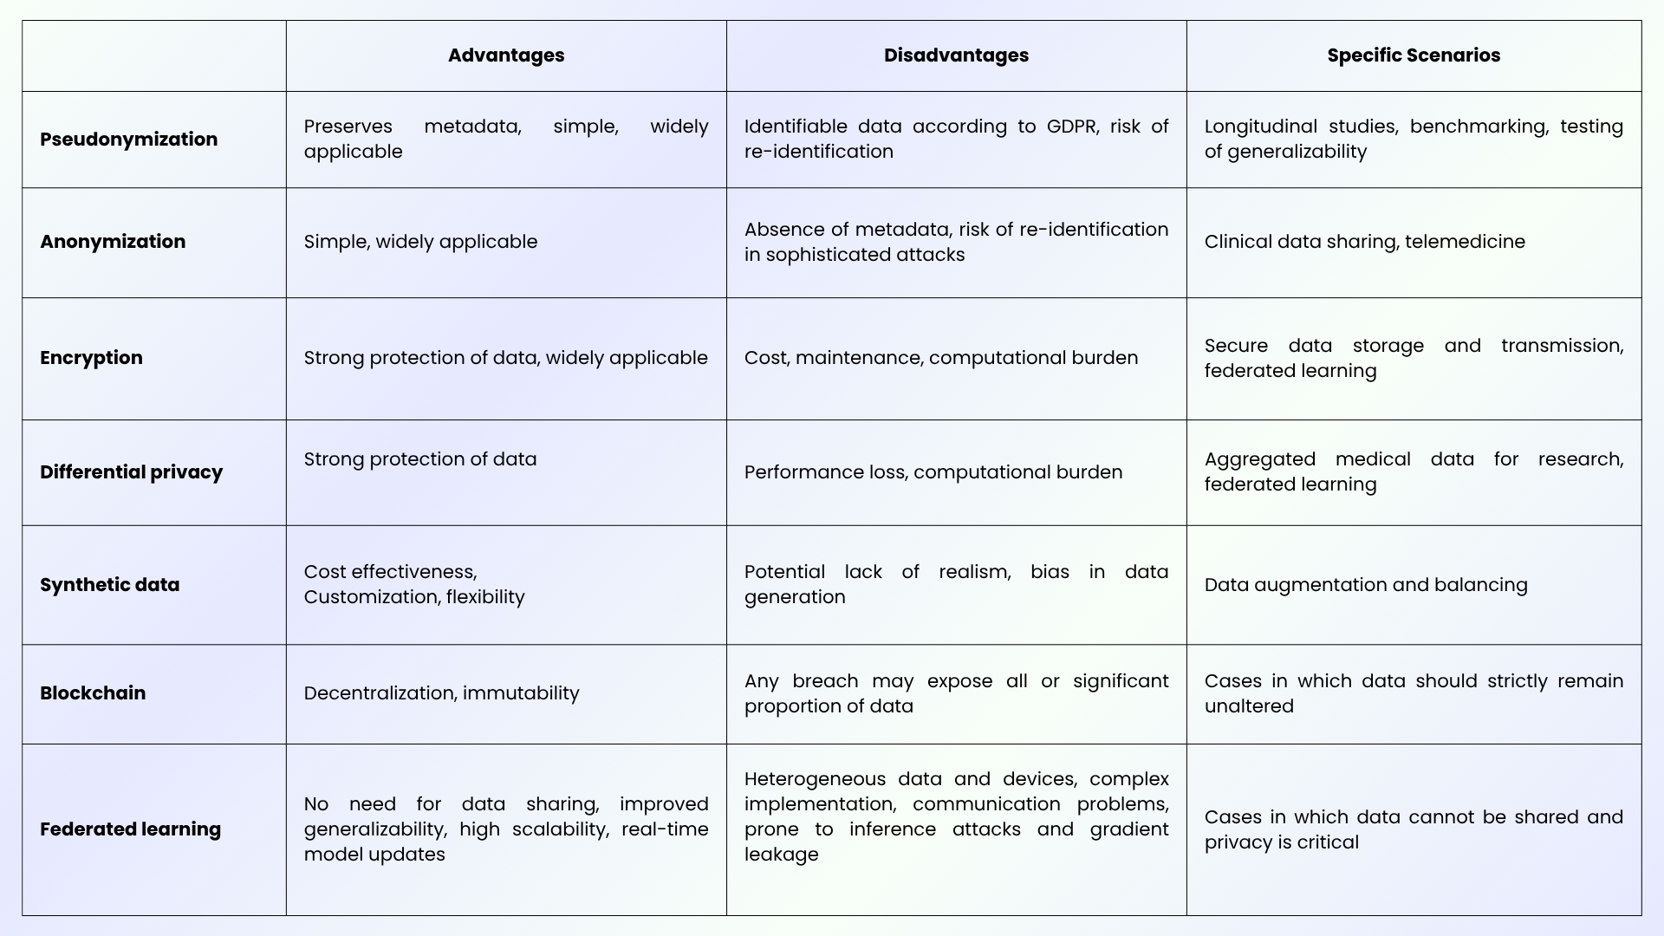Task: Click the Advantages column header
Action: click(x=506, y=55)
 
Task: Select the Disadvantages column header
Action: click(x=956, y=55)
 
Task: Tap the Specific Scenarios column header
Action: click(x=1414, y=55)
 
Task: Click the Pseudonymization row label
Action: click(x=128, y=140)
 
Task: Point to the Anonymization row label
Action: click(x=113, y=242)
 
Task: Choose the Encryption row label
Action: click(x=91, y=358)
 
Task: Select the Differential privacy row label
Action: click(x=131, y=472)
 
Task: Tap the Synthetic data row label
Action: click(x=109, y=585)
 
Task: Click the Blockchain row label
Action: click(x=93, y=693)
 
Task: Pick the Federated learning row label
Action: click(x=130, y=829)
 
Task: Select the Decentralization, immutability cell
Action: click(x=441, y=693)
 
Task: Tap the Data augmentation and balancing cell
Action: click(x=1366, y=585)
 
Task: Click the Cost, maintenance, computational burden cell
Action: click(x=941, y=358)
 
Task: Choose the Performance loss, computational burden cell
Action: click(x=933, y=472)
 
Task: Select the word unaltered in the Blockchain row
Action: click(x=1249, y=706)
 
